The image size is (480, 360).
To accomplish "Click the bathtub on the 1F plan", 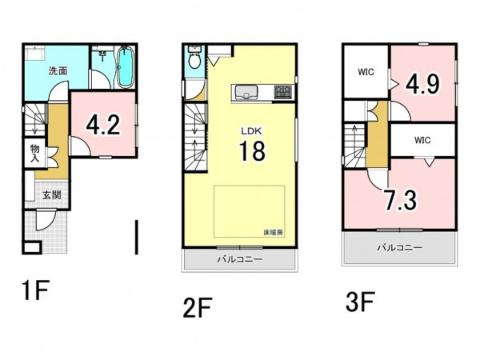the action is click(x=126, y=67).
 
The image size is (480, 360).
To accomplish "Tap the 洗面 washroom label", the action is click(x=58, y=71).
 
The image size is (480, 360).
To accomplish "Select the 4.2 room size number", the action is click(x=103, y=125).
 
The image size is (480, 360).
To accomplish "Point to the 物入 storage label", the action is click(x=35, y=153).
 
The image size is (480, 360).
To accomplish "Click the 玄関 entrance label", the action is click(x=51, y=195).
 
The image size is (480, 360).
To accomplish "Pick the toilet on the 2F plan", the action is click(x=194, y=58).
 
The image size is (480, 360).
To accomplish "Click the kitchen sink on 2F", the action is click(x=246, y=92).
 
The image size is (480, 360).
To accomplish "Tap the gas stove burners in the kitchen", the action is click(x=283, y=92).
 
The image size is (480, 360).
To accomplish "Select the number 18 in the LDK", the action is click(x=252, y=150).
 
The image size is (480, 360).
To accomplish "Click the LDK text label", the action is click(x=251, y=131).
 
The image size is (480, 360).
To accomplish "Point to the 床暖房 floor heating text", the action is click(x=274, y=233).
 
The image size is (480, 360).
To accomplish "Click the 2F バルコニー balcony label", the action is click(x=240, y=259).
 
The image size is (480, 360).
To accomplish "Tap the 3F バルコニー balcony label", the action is click(x=399, y=247).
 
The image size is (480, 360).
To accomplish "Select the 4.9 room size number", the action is click(x=422, y=84).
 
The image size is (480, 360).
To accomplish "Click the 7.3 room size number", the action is click(x=401, y=200).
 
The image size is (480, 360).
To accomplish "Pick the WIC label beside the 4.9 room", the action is click(x=366, y=72).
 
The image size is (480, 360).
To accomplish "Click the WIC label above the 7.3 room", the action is click(x=422, y=140).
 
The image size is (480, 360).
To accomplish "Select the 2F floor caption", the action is click(x=198, y=308).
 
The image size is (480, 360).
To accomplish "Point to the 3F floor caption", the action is click(x=360, y=302).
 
